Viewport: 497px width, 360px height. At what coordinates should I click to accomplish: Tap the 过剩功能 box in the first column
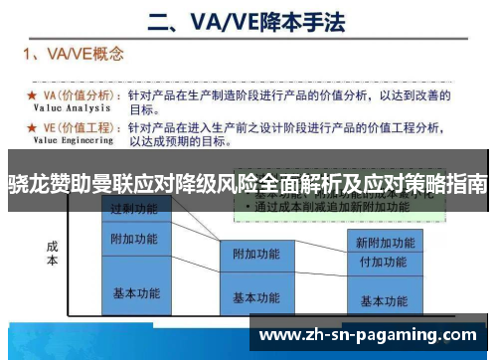(133, 209)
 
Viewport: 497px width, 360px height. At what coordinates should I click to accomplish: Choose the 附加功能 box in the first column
(133, 240)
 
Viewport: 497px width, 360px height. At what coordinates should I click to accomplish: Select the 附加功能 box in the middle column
(256, 255)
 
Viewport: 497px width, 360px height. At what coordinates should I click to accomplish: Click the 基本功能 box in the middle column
(256, 297)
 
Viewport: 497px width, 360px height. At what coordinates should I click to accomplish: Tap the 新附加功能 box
(383, 242)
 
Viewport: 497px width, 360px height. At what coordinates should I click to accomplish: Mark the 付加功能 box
(383, 262)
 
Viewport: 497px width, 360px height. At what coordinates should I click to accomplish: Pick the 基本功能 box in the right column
(383, 300)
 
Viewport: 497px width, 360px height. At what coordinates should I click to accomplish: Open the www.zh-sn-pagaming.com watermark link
(368, 335)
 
